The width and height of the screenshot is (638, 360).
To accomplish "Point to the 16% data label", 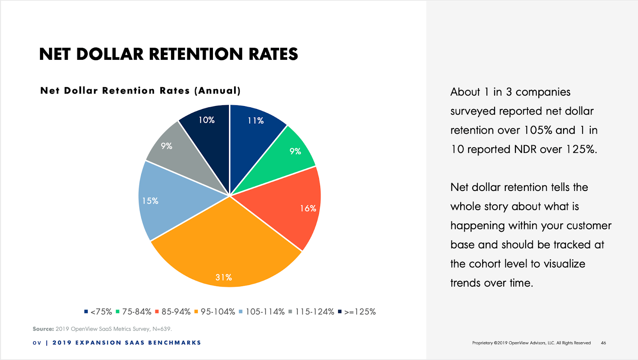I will pos(308,209).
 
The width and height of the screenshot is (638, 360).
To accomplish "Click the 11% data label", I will pos(256,121).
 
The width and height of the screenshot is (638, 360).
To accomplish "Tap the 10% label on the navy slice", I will pos(207,120).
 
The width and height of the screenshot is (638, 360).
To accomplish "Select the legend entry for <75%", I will pos(98,312).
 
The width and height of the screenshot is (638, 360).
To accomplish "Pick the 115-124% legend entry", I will pos(311,312).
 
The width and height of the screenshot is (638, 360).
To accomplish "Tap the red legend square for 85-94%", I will pos(157,312).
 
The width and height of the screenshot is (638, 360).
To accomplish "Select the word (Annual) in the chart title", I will pos(218,90).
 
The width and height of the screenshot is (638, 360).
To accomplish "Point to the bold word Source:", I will pos(43,329).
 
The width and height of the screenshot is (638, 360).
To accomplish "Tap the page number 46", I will pos(603,343).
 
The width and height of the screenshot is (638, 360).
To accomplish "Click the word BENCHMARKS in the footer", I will pos(175,343).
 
